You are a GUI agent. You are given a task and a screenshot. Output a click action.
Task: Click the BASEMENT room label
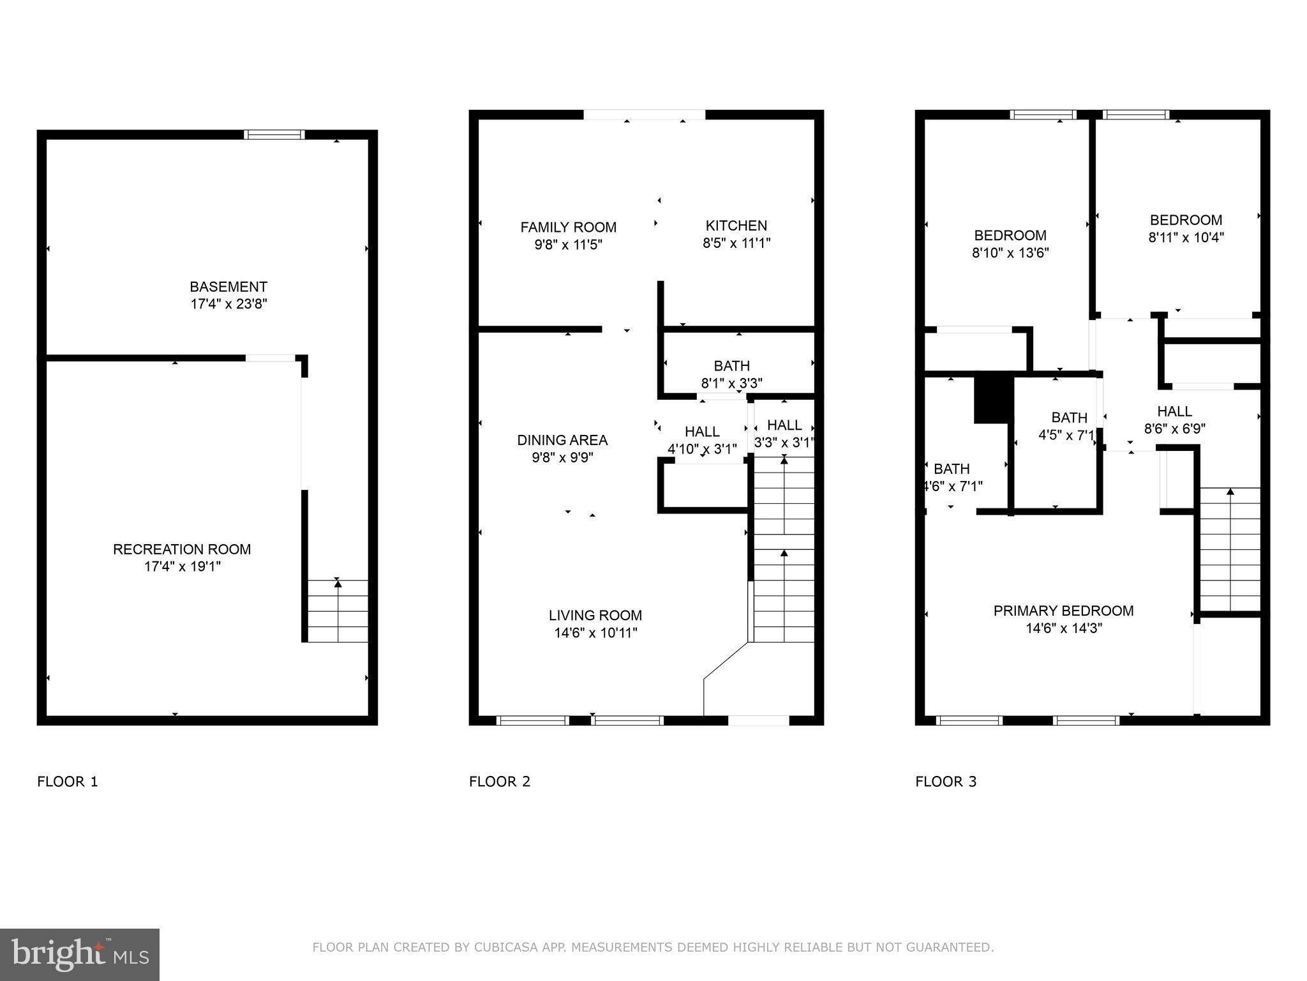(228, 287)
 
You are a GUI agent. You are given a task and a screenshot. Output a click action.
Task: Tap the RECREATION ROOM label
(182, 549)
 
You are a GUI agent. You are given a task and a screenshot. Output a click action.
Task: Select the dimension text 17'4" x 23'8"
(228, 304)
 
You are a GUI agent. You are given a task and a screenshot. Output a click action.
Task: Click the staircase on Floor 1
(338, 611)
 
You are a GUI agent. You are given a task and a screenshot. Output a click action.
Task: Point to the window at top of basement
(274, 134)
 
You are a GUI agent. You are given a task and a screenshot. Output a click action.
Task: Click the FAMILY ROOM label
(568, 227)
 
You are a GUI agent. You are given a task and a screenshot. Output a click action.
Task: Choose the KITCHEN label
(736, 225)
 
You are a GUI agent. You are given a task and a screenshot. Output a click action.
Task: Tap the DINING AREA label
(562, 440)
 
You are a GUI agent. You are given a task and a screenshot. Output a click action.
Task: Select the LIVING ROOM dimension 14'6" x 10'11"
(595, 633)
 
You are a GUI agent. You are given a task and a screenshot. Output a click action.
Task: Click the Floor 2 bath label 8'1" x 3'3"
(731, 383)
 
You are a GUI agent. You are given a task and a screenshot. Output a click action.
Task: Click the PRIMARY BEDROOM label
(1063, 611)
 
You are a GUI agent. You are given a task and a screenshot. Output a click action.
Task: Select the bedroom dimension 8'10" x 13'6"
(1010, 253)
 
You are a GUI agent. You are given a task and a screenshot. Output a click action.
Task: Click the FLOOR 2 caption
(499, 782)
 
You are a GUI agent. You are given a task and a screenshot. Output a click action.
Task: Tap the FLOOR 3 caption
(945, 782)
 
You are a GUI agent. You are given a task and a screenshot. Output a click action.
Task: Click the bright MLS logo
(79, 954)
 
